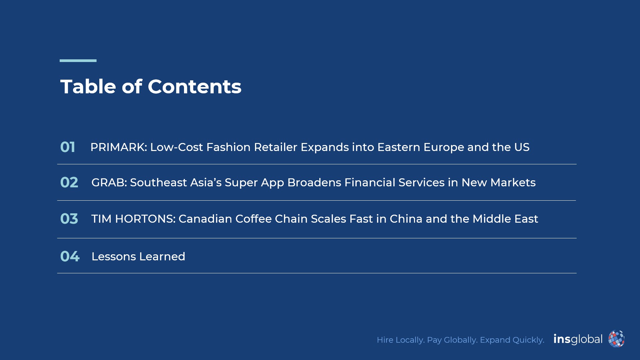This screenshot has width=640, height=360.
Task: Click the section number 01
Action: coord(68,147)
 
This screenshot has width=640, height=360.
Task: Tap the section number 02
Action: coord(69,182)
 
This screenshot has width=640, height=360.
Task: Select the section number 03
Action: coord(69,219)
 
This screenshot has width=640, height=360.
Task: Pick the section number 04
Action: coord(70,256)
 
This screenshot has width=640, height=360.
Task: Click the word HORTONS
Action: coord(145,219)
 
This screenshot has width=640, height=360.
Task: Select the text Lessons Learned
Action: coord(138,256)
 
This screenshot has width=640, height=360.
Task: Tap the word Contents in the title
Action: coord(194,87)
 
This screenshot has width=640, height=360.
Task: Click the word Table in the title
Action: coord(88,87)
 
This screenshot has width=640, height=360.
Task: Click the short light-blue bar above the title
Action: coord(78,61)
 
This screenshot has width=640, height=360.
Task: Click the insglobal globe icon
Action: coord(616,339)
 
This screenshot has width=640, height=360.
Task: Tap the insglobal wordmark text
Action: coord(578,339)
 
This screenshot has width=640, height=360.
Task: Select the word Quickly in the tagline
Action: coord(528,340)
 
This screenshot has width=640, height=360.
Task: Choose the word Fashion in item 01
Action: coord(228,147)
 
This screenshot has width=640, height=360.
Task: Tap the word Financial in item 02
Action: coord(370,182)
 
